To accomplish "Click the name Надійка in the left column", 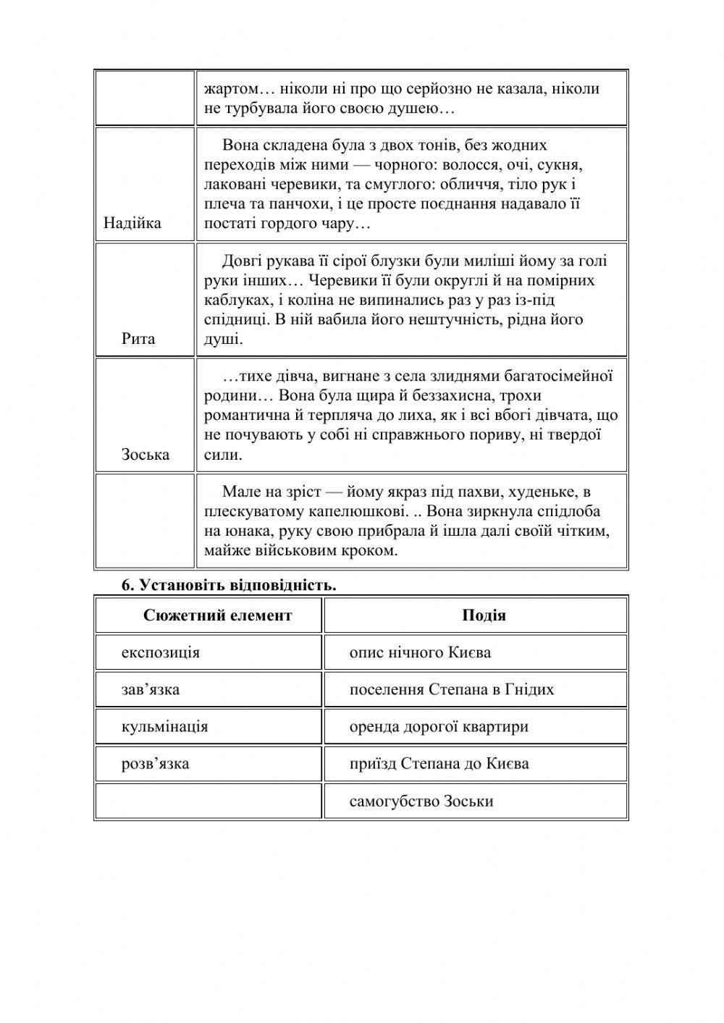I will (132, 223).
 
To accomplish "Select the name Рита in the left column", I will (138, 339).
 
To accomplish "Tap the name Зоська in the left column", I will (145, 455).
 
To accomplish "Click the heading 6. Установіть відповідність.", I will (229, 585).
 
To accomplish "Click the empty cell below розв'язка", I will (208, 801).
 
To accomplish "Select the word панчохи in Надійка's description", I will (301, 203).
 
